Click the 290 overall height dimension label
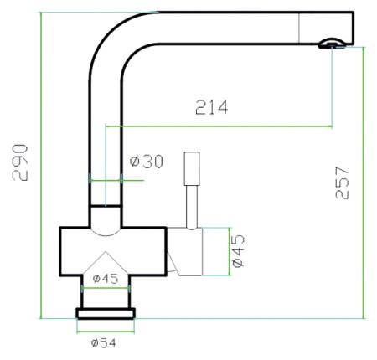point(20,162)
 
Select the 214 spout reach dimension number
point(211,107)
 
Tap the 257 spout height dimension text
point(342,183)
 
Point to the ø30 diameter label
point(147,162)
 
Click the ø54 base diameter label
point(104,343)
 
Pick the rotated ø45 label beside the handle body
point(238,251)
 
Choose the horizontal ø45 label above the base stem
point(106,278)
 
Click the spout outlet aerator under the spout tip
point(332,44)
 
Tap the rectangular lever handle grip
point(192,168)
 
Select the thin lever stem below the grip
point(192,207)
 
